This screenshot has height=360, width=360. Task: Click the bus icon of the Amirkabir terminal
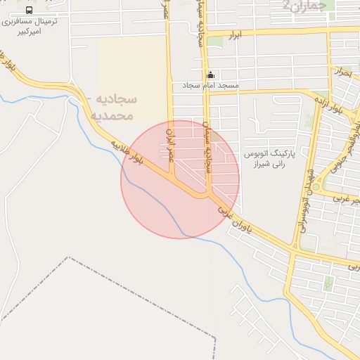coord(29,10)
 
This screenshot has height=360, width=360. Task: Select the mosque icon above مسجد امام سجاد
coord(210,75)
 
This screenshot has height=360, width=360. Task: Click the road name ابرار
coord(236,34)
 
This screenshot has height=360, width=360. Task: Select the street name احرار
coord(343,72)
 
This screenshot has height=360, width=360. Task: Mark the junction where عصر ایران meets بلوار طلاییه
coord(184,191)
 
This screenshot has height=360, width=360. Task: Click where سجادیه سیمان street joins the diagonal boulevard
coord(208,195)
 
